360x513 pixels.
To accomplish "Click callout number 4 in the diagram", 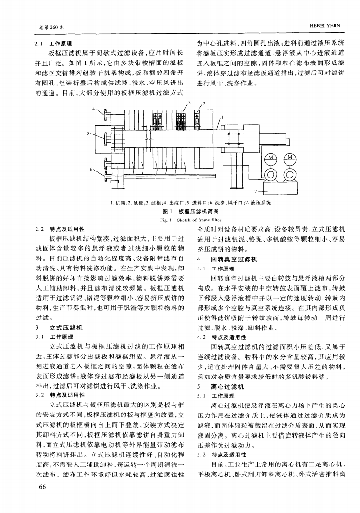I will pyautogui.click(x=94, y=110).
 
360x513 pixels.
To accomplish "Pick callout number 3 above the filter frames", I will pyautogui.click(x=190, y=102).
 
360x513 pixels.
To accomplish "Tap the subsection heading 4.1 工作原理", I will pyautogui.click(x=217, y=269).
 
